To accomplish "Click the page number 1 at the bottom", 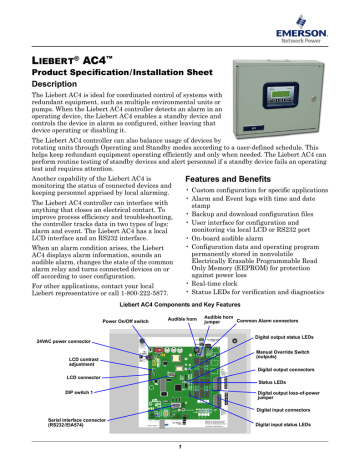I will click(181, 459).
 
